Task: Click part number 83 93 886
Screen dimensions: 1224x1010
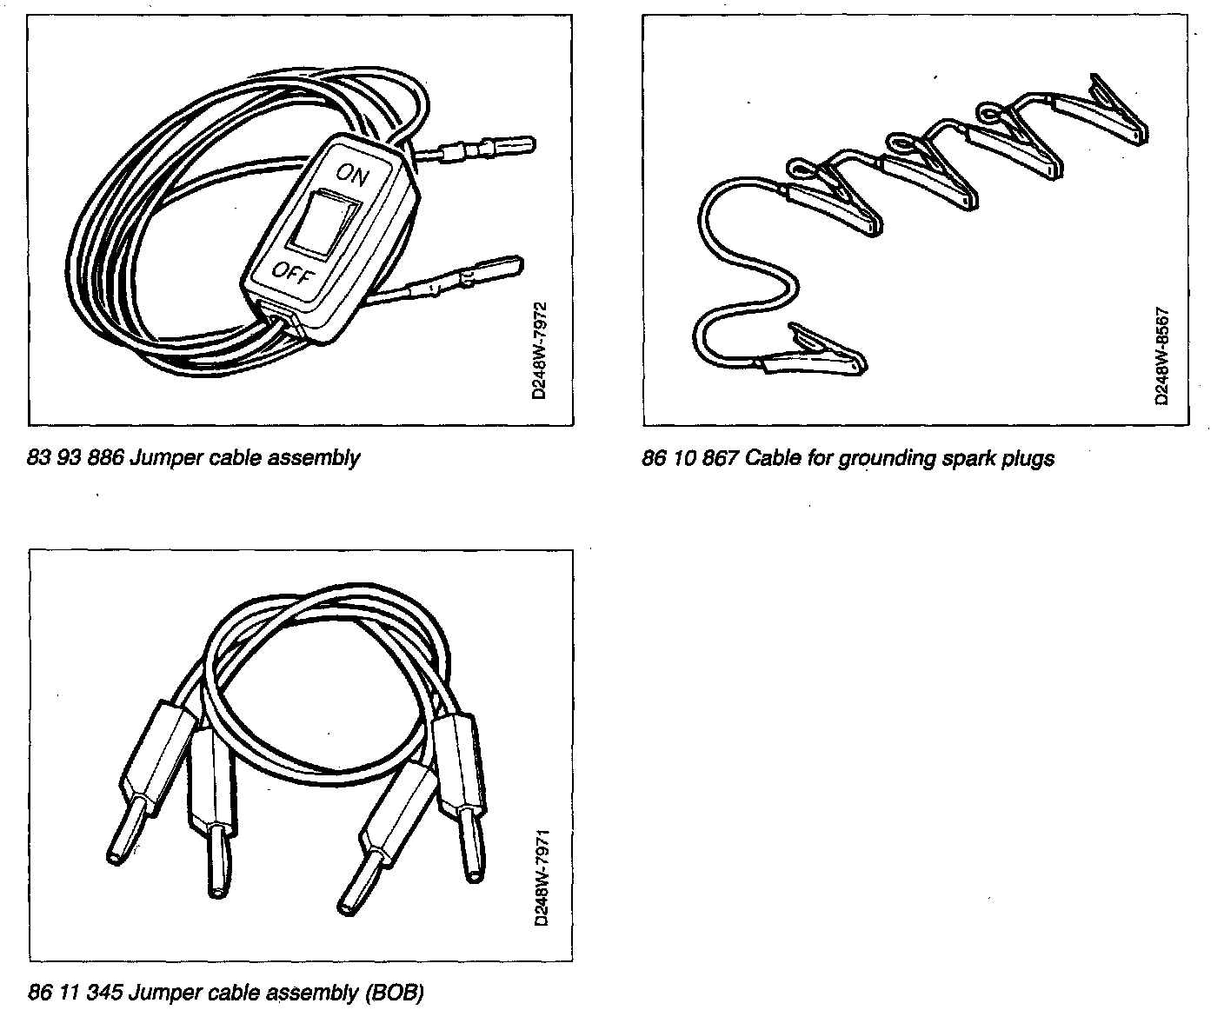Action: (76, 457)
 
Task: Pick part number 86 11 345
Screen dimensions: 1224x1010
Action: (76, 991)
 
